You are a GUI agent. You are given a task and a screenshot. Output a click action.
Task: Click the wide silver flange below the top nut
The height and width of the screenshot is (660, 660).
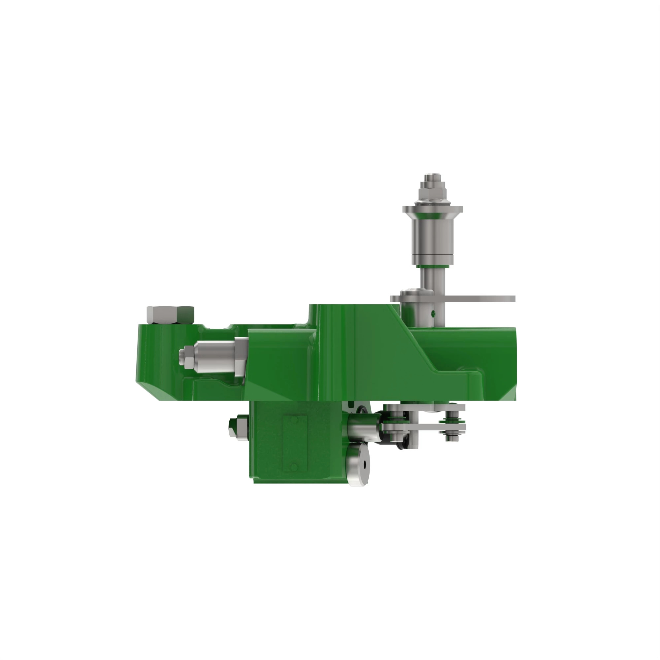coord(433,209)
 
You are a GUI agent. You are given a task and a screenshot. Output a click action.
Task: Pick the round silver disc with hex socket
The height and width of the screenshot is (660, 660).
coord(358,464)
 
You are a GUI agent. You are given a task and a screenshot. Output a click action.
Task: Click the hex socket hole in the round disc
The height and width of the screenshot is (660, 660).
coord(365,464)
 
